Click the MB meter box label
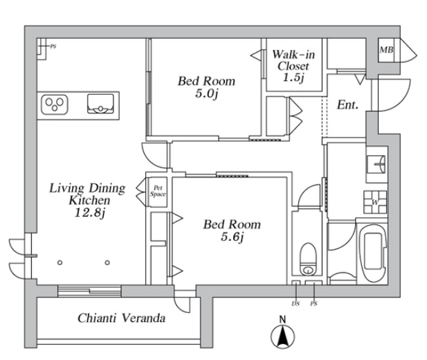pyautogui.click(x=386, y=50)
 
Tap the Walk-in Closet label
pyautogui.click(x=293, y=60)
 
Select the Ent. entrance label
pyautogui.click(x=347, y=105)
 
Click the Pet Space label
pyautogui.click(x=158, y=191)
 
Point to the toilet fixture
pyautogui.click(x=308, y=259)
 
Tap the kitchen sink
pyautogui.click(x=100, y=104)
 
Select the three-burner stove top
pyautogui.click(x=55, y=105)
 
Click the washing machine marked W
pyautogui.click(x=375, y=202)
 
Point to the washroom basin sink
pyautogui.click(x=376, y=164)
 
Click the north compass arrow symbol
pyautogui.click(x=282, y=336)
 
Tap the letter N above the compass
pyautogui.click(x=282, y=319)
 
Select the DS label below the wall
pyautogui.click(x=296, y=304)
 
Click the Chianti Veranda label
pyautogui.click(x=121, y=318)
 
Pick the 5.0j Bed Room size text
pyautogui.click(x=207, y=93)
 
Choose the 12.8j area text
pyautogui.click(x=89, y=213)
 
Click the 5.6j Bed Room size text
pyautogui.click(x=232, y=237)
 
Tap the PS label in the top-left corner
pyautogui.click(x=53, y=46)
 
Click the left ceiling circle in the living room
pyautogui.click(x=60, y=262)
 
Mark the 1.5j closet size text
pyautogui.click(x=293, y=78)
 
